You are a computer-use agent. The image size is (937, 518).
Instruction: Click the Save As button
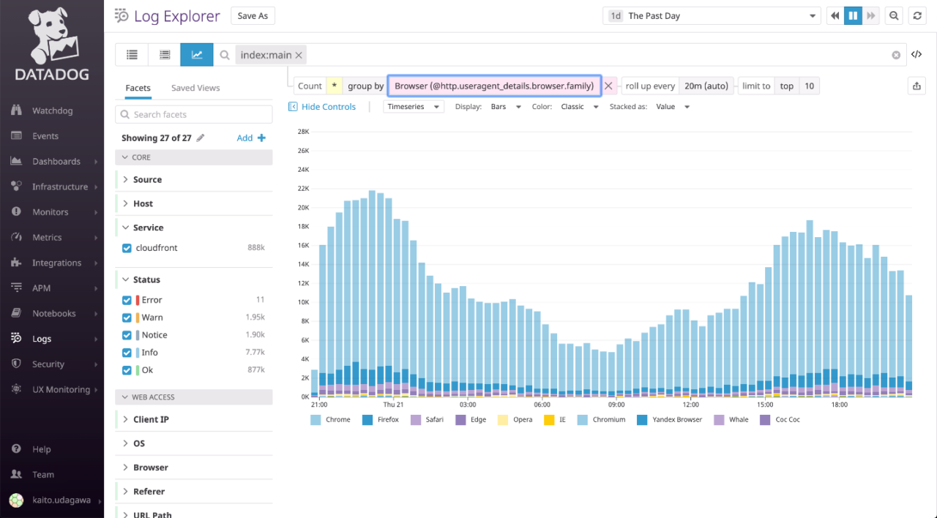point(253,16)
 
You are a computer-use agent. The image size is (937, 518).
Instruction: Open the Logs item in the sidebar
point(42,339)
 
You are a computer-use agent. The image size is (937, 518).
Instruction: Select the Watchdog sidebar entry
point(52,110)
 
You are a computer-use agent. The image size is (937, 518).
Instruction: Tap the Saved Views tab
point(195,88)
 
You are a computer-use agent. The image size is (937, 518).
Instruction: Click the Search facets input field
point(193,114)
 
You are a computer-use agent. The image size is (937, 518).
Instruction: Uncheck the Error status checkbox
point(127,300)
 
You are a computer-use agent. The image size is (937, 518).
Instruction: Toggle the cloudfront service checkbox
point(127,248)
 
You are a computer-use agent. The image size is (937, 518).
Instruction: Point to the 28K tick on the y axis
point(302,132)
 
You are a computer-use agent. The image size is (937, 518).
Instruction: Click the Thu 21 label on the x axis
point(393,405)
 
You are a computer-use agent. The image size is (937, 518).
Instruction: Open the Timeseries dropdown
point(414,107)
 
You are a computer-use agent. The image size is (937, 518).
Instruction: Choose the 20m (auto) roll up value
point(706,86)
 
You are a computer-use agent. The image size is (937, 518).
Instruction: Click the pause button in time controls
point(853,16)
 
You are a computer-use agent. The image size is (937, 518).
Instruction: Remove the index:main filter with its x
point(299,55)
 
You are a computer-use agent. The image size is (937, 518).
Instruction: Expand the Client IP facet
point(151,419)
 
